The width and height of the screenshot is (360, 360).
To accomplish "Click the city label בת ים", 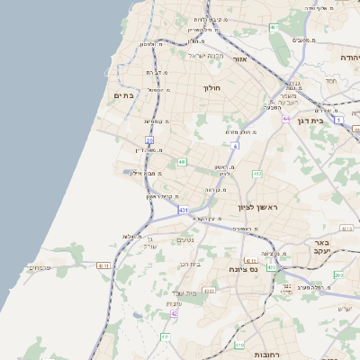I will (124, 94).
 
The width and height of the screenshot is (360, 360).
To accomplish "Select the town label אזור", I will (239, 59).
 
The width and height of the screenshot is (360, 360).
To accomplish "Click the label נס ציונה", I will (244, 269).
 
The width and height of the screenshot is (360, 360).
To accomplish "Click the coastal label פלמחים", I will (38, 266).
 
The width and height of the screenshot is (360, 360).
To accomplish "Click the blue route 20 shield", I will (149, 140).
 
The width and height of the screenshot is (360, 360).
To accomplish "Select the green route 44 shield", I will (182, 162).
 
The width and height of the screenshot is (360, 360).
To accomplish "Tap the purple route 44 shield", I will (285, 118).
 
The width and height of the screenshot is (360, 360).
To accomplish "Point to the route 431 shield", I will (184, 210).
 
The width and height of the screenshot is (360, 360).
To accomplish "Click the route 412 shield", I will (257, 173).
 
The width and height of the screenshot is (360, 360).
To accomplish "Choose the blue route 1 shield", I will (338, 119).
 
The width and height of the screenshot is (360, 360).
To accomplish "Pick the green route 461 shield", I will (274, 28).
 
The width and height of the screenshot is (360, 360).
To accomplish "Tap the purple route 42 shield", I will (174, 313).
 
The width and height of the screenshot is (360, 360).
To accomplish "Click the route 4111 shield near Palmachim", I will (103, 265).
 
